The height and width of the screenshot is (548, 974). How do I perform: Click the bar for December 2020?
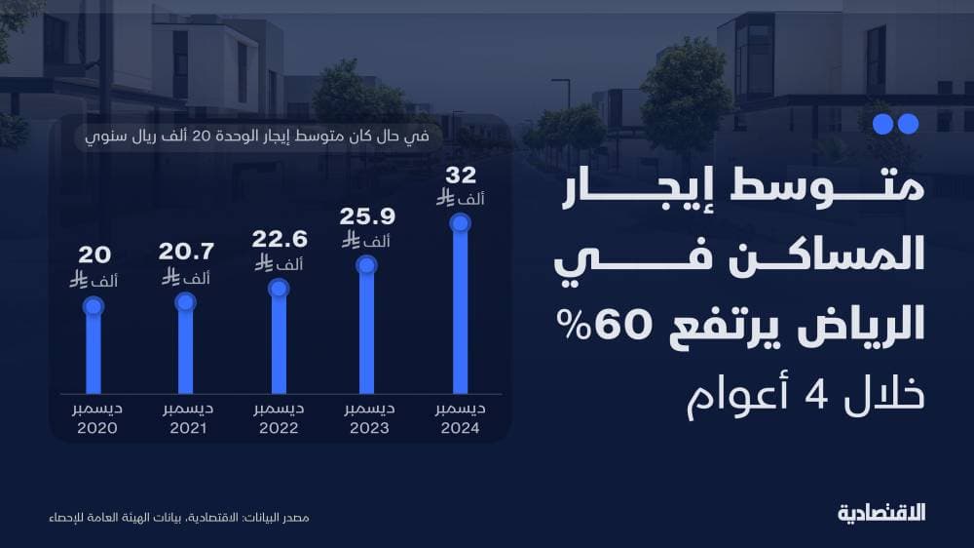click(94, 351)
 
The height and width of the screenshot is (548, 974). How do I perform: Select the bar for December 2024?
click(460, 312)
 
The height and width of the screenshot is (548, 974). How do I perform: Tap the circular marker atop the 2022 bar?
click(279, 288)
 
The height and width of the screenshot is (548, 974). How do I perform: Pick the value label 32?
click(460, 176)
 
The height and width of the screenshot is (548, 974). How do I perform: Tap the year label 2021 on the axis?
click(185, 428)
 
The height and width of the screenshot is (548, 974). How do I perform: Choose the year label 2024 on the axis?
click(460, 428)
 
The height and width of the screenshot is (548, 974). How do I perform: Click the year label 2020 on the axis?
click(95, 428)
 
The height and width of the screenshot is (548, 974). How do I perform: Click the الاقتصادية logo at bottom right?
click(881, 513)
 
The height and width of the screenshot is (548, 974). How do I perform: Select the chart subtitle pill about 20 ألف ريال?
click(258, 136)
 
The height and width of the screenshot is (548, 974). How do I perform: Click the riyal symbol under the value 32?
click(445, 198)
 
